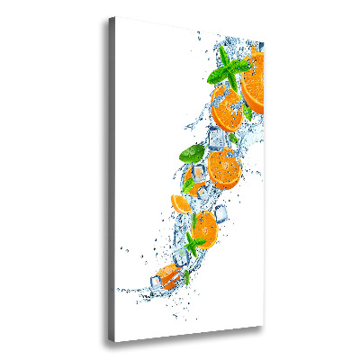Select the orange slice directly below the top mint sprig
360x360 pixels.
pyautogui.click(x=228, y=110)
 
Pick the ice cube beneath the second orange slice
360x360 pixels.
pyautogui.click(x=219, y=138)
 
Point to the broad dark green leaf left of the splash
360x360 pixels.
pyautogui.click(x=191, y=154)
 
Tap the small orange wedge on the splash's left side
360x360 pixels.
pyautogui.click(x=183, y=203)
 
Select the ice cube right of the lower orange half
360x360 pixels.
pyautogui.click(x=221, y=212)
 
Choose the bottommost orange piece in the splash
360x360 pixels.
pyautogui.click(x=168, y=275)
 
